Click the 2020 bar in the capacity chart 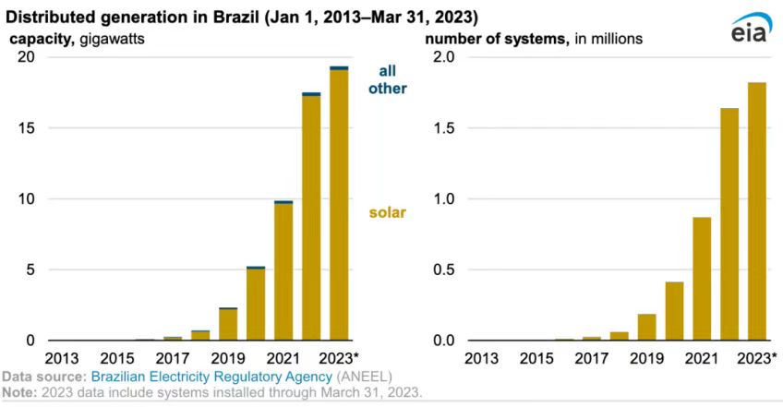[x=256, y=304]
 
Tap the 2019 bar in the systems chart [x=646, y=328]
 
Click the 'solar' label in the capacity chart [x=388, y=213]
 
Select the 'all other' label [x=388, y=79]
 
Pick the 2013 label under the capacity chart [x=62, y=358]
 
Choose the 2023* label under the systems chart [x=757, y=358]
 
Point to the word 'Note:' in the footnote [x=19, y=393]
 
